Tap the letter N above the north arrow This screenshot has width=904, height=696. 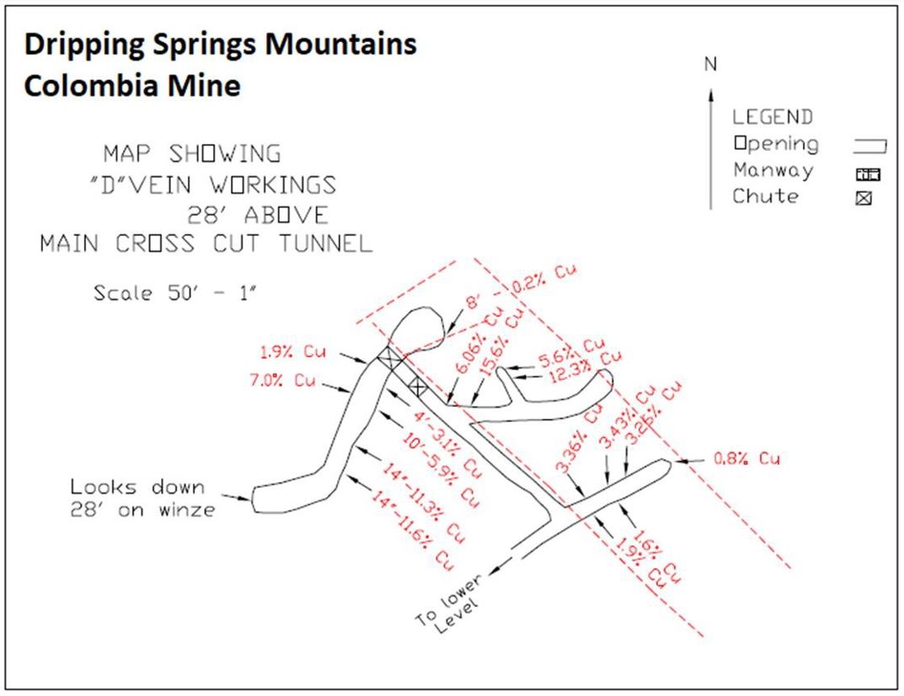coord(711,63)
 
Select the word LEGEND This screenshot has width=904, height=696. coord(772,117)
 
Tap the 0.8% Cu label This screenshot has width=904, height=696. coord(746,459)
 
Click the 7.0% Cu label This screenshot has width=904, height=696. coord(281,380)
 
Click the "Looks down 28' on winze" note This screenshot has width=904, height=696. coord(142,498)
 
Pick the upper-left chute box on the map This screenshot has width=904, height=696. coord(388,359)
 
